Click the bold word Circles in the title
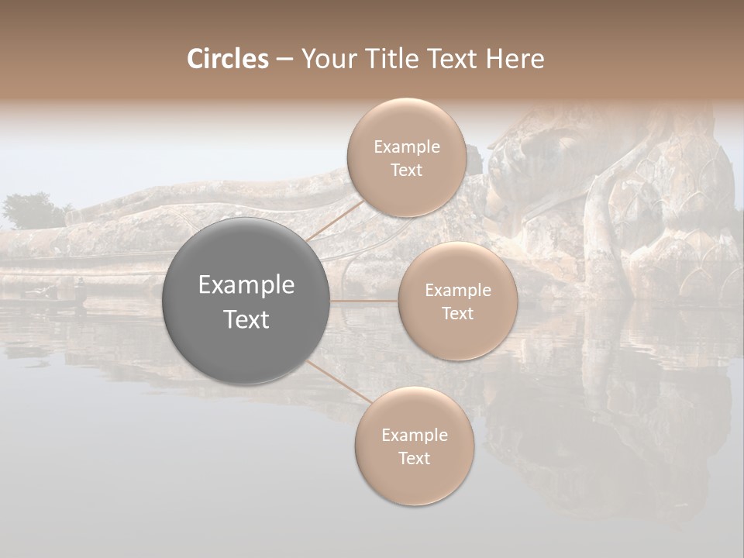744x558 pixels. coord(227,59)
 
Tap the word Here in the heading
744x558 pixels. coord(515,59)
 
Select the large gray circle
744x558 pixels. coord(246,301)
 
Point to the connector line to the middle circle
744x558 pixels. coord(364,301)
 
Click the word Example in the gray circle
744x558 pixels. coord(246,285)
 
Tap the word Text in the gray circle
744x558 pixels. coord(246,319)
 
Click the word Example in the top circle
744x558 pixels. coord(406,147)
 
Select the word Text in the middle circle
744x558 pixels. coord(457,314)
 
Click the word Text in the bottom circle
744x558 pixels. coord(414,459)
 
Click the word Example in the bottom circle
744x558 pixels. coord(414,436)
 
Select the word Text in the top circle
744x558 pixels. coord(406,170)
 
